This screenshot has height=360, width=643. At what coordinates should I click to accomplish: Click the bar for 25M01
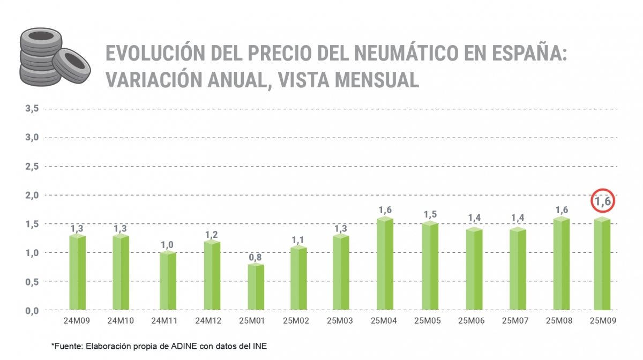(256, 287)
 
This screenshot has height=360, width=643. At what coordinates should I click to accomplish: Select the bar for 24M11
(168, 281)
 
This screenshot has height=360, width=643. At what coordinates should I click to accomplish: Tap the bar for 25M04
(385, 264)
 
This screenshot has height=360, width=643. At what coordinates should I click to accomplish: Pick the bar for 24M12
(212, 275)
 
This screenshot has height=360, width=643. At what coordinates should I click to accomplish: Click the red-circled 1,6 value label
(603, 202)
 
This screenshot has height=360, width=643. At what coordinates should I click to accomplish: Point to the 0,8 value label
(255, 257)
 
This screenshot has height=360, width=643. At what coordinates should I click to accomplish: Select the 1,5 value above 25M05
(430, 214)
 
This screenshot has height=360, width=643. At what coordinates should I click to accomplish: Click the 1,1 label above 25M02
(299, 240)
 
